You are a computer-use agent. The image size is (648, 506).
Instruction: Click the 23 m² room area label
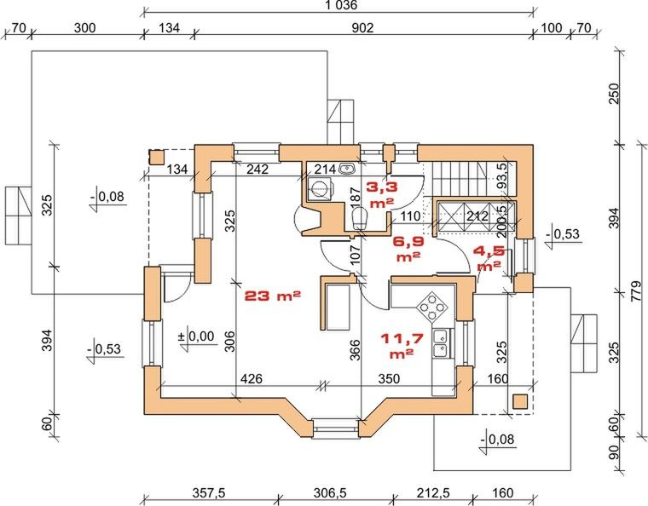coord(273,296)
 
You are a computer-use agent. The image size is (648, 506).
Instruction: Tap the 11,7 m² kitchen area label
coord(402,346)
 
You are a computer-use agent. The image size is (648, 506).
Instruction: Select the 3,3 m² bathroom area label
coord(382,194)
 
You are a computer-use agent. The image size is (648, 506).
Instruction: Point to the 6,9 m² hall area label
coord(408,249)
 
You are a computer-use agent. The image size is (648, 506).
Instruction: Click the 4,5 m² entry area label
coord(489,258)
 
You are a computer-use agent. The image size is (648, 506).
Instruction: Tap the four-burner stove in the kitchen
coord(432,306)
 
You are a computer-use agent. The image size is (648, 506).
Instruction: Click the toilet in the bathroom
coord(361,218)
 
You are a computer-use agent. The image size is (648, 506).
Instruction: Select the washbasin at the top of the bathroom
coord(346,168)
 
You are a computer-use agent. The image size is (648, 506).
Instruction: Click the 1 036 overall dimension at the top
coord(340,5)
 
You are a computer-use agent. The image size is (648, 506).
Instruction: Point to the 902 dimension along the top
coord(362,27)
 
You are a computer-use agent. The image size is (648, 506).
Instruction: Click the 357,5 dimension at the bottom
coord(209,492)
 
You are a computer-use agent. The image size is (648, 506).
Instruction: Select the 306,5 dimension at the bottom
coord(330,492)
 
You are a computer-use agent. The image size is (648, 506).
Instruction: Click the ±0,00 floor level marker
coord(196,336)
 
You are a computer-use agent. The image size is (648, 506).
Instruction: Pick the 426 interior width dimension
coord(252,378)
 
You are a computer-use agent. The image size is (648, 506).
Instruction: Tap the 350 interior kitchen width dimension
coord(389,378)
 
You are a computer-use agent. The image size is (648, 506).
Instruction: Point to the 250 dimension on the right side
coord(616,94)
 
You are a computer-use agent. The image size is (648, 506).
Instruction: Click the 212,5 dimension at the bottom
coord(433,492)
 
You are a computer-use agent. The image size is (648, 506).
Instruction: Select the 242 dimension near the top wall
coord(257,169)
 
